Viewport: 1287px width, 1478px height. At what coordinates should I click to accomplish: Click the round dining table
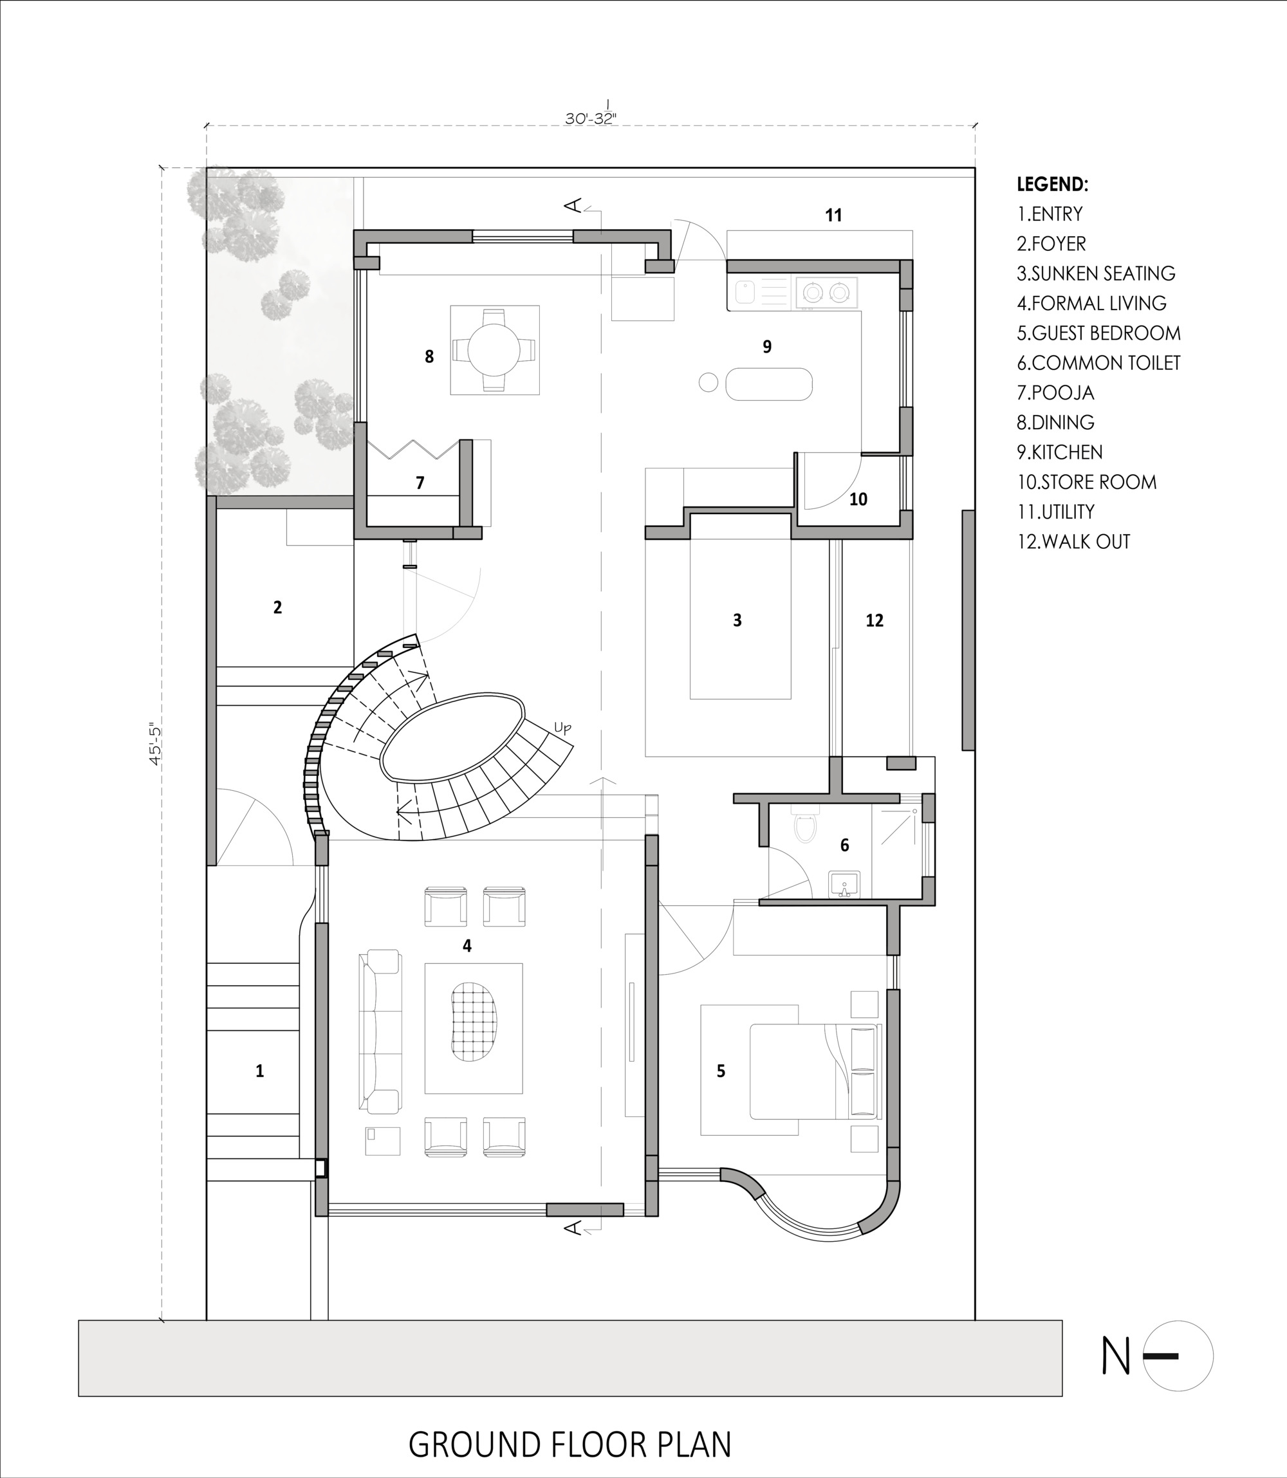click(494, 350)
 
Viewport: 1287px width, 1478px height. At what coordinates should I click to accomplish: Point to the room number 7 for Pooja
click(420, 483)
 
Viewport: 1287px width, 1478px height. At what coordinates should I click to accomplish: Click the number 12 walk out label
click(874, 620)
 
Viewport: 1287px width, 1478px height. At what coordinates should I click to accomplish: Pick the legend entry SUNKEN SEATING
click(1096, 273)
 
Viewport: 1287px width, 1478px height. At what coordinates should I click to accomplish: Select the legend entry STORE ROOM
click(1087, 482)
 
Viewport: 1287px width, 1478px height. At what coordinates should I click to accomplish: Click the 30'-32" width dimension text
click(590, 118)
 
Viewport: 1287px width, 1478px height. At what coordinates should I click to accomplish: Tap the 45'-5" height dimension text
click(156, 743)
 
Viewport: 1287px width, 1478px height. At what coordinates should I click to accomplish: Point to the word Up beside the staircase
click(562, 728)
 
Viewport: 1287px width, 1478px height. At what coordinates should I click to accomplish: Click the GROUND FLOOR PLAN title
click(569, 1445)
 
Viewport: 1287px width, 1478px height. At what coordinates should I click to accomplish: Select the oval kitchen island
click(768, 384)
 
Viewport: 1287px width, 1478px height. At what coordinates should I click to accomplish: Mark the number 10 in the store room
click(858, 500)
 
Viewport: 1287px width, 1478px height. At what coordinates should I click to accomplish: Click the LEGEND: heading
click(1052, 185)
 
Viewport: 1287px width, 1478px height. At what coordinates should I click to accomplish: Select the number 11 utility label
click(833, 215)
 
